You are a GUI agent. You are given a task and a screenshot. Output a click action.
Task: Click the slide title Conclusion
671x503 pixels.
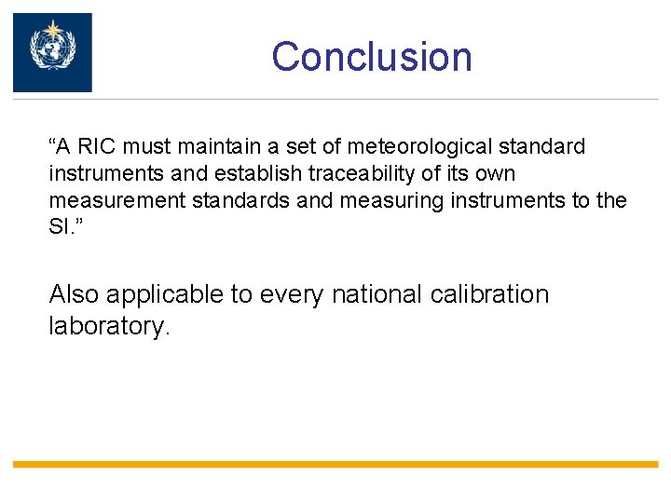(x=372, y=56)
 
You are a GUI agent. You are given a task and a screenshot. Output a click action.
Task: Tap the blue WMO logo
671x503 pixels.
(x=52, y=52)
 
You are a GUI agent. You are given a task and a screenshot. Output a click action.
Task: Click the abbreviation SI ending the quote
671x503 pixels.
(x=60, y=228)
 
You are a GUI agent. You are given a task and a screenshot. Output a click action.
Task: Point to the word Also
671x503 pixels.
(x=74, y=295)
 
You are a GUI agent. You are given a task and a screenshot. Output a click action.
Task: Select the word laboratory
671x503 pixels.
(x=109, y=328)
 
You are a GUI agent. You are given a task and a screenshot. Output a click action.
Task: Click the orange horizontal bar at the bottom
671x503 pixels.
(x=335, y=464)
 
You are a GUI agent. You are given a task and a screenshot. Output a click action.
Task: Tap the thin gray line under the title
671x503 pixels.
(x=373, y=99)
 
